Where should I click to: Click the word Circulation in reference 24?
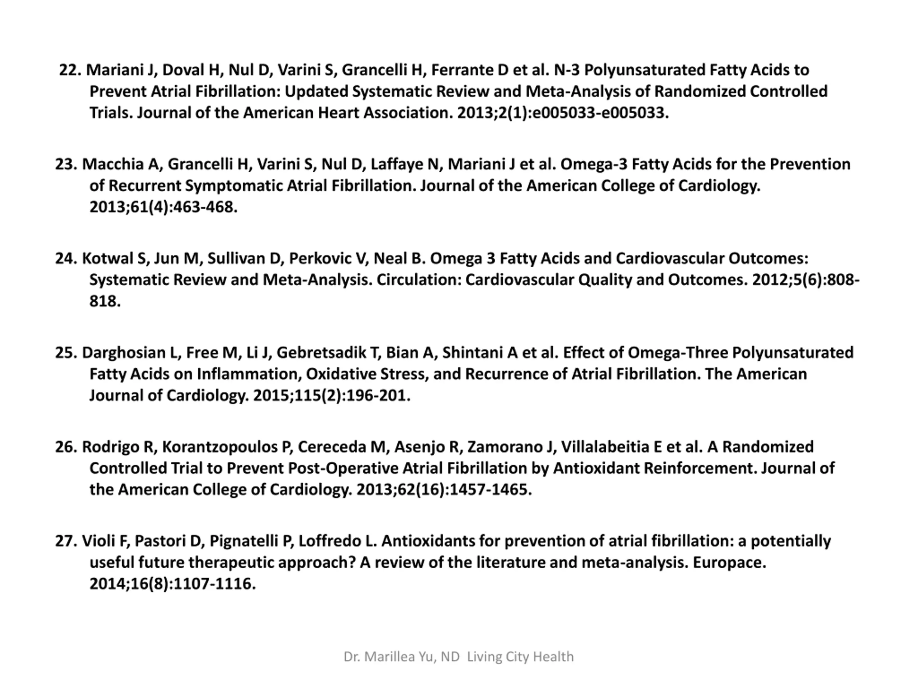click(419, 280)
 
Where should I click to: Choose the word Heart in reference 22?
click(338, 113)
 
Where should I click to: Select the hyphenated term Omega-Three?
click(677, 353)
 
